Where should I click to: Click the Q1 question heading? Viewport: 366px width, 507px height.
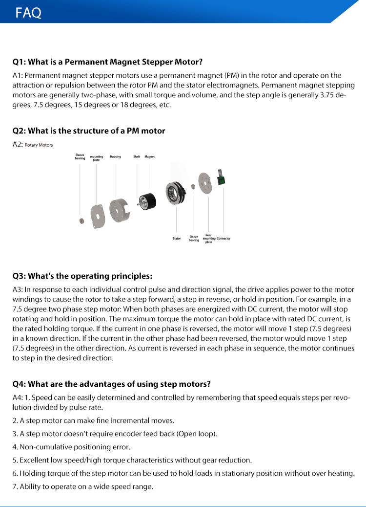(107, 62)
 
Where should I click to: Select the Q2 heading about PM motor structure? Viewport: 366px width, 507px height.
(89, 131)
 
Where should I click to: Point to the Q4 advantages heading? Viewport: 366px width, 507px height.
(112, 384)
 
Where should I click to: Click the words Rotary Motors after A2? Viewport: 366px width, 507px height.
(39, 145)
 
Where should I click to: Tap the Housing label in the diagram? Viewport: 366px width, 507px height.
(115, 157)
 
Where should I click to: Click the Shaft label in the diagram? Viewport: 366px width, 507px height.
(137, 157)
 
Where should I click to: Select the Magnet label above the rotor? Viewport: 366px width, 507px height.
(149, 157)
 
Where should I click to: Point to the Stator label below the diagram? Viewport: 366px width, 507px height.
(177, 239)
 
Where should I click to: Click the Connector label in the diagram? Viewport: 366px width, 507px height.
(224, 239)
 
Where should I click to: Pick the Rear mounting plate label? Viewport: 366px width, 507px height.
(209, 239)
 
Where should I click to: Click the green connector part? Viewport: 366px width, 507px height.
(221, 179)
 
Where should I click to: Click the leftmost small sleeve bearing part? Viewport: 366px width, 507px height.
(81, 221)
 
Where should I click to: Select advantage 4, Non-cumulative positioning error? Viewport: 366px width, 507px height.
(75, 447)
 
